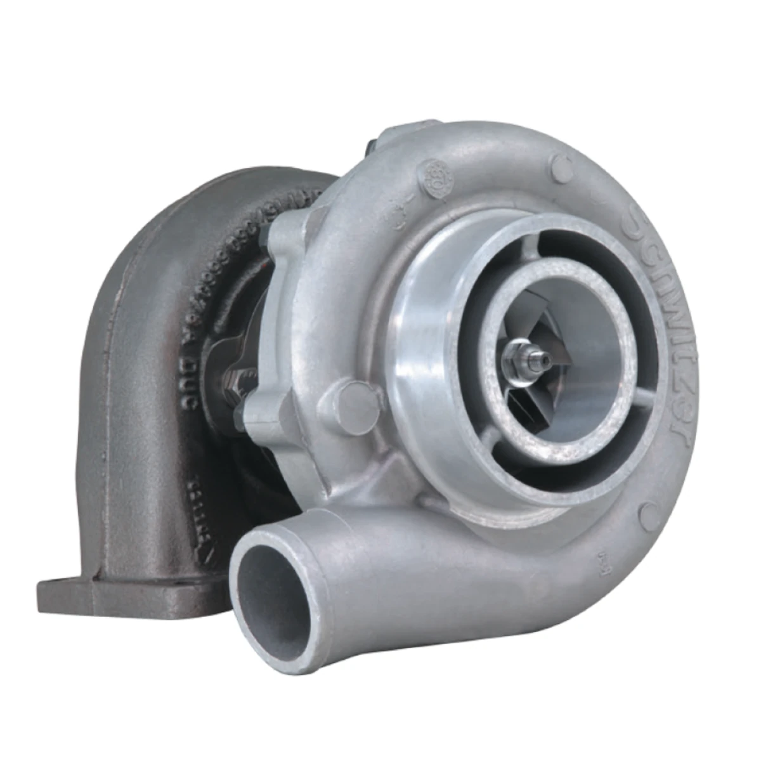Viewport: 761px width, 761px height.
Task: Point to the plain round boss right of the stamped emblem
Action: [559, 167]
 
